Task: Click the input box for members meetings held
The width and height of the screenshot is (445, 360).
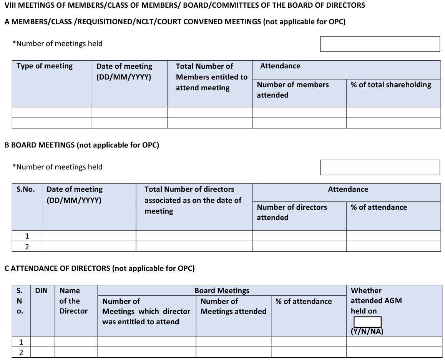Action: coord(380,44)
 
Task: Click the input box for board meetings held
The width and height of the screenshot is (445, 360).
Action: coord(380,168)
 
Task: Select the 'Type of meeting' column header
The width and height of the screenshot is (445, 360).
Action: coord(45,66)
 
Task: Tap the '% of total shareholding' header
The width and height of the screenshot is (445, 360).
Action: coord(391,85)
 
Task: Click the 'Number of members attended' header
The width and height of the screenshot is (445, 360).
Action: coord(293,90)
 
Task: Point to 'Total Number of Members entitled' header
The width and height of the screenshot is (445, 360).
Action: coord(211,77)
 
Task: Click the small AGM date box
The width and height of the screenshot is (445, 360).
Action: coord(367,322)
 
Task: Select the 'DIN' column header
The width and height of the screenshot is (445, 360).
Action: coord(42,291)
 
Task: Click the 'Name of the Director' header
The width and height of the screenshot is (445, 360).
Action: coord(73,301)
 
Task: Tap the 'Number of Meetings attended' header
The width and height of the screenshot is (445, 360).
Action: coord(233,306)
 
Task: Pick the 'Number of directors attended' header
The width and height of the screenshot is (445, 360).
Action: coord(292,212)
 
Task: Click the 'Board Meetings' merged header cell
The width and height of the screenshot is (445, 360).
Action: coord(222,290)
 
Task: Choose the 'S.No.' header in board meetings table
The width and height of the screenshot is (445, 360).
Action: coord(25,189)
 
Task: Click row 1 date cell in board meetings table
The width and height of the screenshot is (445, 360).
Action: coord(89,236)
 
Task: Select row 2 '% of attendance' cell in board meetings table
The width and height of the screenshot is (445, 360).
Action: coord(393,246)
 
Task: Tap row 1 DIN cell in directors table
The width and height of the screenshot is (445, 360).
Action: coord(43,342)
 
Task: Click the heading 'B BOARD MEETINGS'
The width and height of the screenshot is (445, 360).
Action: coord(81,145)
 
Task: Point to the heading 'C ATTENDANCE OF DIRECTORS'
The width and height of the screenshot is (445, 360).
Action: coord(100,269)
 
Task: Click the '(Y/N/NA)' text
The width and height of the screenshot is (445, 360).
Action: coord(367,332)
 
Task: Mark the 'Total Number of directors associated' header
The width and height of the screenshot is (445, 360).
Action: coord(193,200)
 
